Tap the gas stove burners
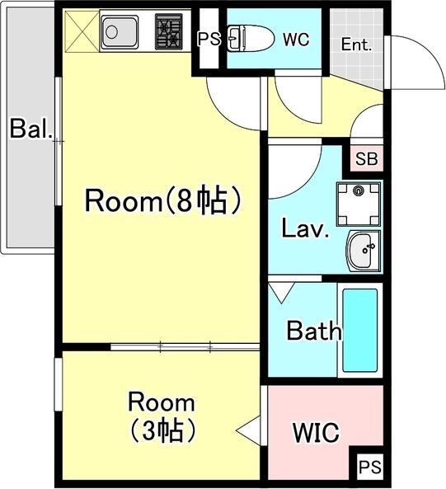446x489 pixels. [169, 33]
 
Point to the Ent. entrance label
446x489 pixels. [356, 44]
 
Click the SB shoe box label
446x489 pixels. [366, 159]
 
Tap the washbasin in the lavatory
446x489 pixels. [361, 250]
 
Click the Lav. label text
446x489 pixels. [305, 228]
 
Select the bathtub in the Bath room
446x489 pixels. [360, 329]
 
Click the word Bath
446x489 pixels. [313, 331]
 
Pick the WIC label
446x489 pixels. [317, 433]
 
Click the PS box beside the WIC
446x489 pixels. [368, 468]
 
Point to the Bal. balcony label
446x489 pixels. [31, 129]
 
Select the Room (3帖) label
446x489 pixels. [162, 416]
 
